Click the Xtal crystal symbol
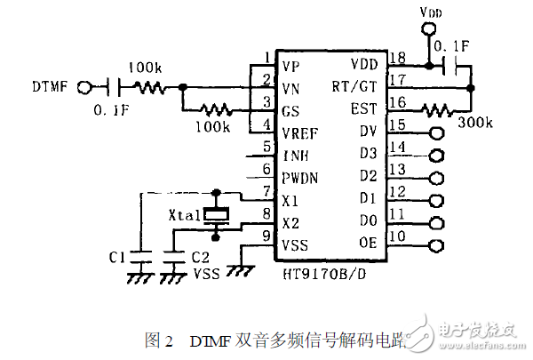point(215,214)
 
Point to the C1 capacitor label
point(115,257)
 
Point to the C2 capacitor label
point(200,257)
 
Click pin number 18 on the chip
point(399,58)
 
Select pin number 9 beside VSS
point(266,236)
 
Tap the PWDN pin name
point(300,176)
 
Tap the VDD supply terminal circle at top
point(426,30)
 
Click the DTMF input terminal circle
point(85,87)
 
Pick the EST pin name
point(364,108)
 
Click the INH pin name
point(296,154)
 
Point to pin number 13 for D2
point(399,169)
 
